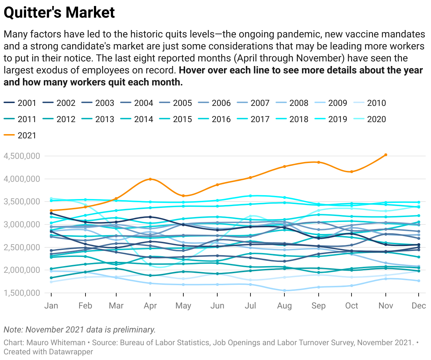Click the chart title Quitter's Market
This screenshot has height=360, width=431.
pyautogui.click(x=59, y=13)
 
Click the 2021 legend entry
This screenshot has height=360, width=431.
pyautogui.click(x=20, y=136)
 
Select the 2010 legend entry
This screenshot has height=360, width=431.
pyautogui.click(x=370, y=103)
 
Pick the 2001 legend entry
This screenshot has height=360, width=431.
pyautogui.click(x=20, y=103)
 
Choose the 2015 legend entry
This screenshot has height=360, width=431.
pyautogui.click(x=176, y=119)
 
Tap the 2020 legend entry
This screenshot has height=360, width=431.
pyautogui.click(x=370, y=119)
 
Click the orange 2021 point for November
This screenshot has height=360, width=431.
pyautogui.click(x=385, y=155)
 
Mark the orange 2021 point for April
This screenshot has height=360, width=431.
pyautogui.click(x=150, y=179)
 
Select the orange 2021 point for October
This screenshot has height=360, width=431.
pyautogui.click(x=352, y=172)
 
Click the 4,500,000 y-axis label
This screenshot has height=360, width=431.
pyautogui.click(x=22, y=156)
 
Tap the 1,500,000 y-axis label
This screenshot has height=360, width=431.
pyautogui.click(x=22, y=293)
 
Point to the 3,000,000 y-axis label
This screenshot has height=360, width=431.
pyautogui.click(x=22, y=224)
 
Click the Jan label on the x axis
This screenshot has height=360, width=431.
pyautogui.click(x=51, y=306)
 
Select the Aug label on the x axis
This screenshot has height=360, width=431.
pyautogui.click(x=284, y=306)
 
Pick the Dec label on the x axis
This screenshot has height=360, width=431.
pyautogui.click(x=419, y=306)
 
